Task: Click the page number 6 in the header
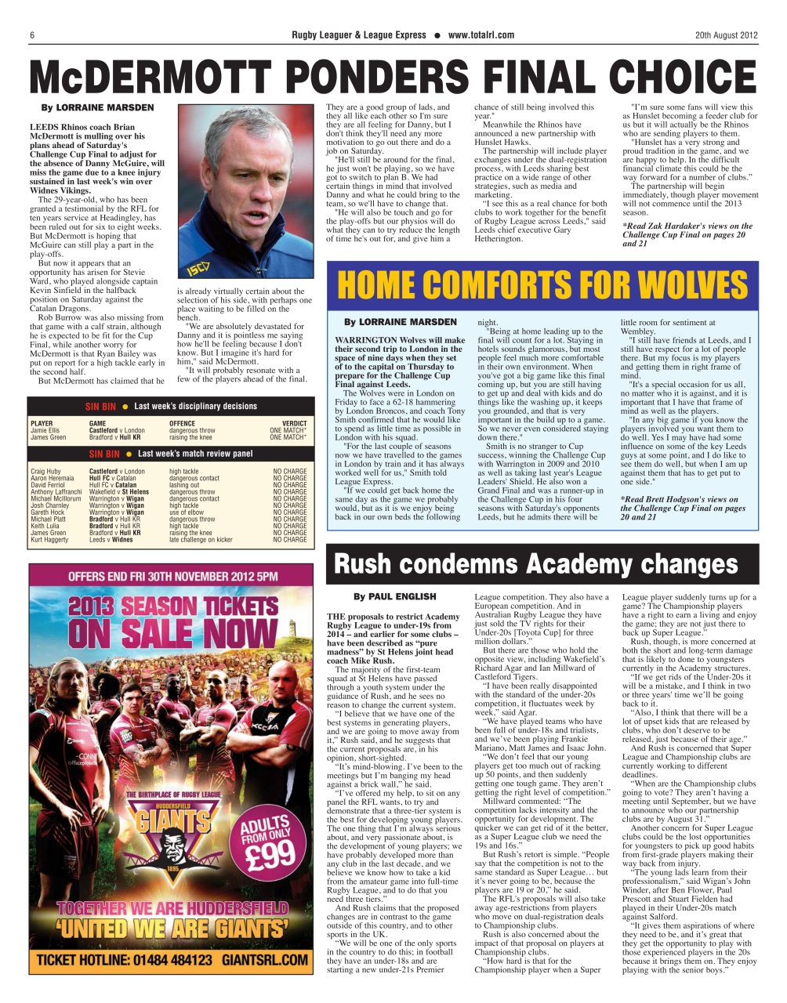pos(32,34)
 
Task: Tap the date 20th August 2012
pos(726,34)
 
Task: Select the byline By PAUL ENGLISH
pos(394,596)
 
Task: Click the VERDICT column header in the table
pos(294,423)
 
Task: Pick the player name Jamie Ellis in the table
pos(45,430)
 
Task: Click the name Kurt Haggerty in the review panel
pos(49,540)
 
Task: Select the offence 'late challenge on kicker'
pos(201,540)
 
